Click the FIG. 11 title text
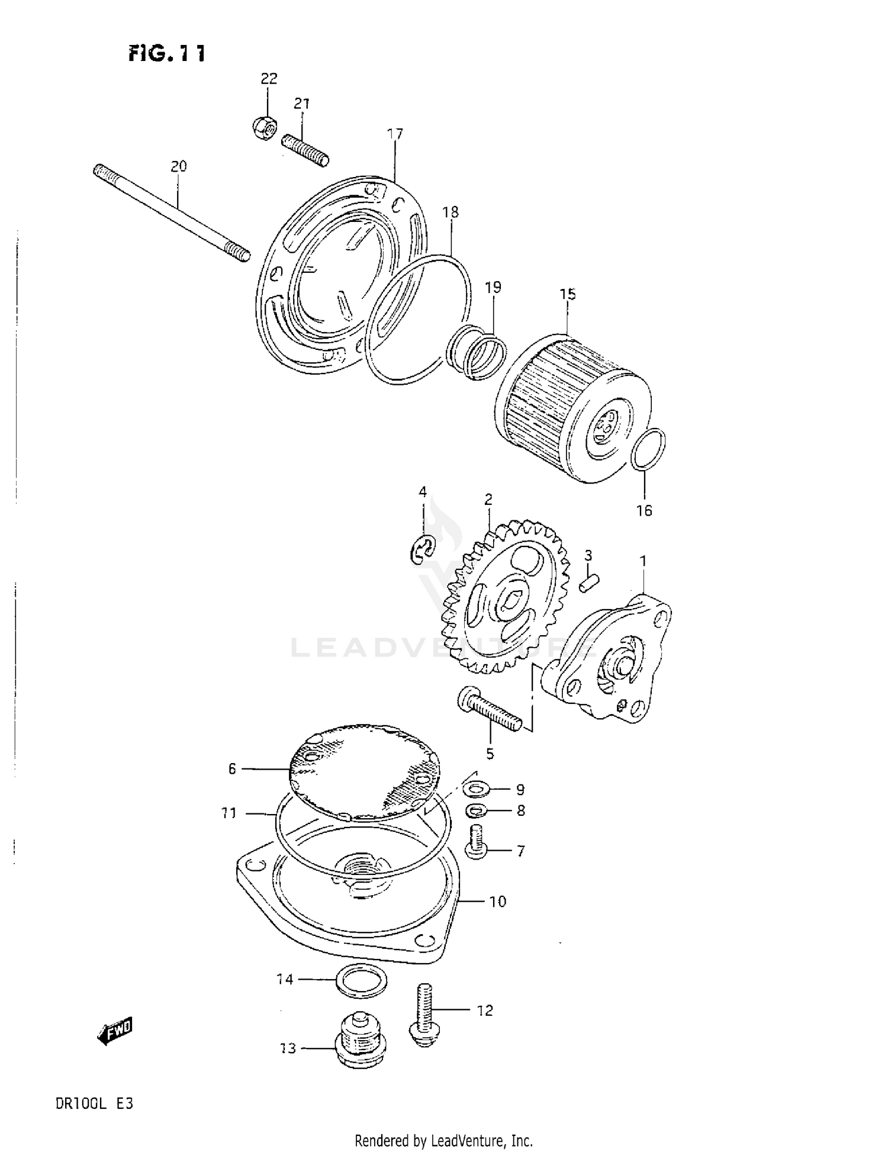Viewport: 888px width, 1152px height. point(167,54)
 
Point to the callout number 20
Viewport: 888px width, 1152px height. point(179,166)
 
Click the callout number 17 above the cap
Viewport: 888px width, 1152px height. point(395,134)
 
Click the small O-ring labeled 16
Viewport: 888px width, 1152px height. point(648,450)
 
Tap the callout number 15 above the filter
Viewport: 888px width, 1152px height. point(567,294)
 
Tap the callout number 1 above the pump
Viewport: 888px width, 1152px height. point(643,561)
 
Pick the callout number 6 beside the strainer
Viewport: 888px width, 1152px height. point(232,768)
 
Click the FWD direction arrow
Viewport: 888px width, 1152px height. point(115,1032)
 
